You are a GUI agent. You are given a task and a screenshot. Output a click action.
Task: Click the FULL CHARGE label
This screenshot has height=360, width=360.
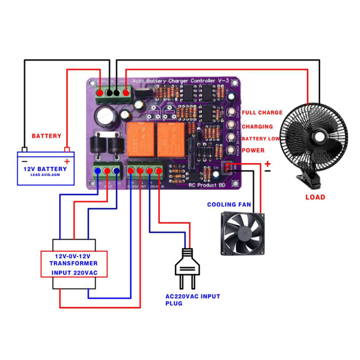point(262,113)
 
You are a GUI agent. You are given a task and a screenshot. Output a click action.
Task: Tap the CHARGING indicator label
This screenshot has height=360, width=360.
point(257,126)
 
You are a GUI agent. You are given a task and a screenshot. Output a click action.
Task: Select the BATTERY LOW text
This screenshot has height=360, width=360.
point(260,138)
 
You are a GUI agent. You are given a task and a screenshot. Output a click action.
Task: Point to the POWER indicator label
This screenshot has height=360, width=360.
point(253,150)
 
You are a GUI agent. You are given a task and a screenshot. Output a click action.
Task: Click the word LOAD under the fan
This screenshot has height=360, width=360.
point(315,197)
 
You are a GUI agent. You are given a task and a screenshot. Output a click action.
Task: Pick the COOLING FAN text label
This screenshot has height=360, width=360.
point(228,204)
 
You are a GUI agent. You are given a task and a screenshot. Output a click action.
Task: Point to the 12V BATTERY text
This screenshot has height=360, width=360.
point(45,169)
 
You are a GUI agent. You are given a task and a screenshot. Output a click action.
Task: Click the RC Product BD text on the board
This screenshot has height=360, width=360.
point(207,185)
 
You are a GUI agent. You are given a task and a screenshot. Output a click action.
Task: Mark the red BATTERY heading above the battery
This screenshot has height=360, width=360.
point(46,136)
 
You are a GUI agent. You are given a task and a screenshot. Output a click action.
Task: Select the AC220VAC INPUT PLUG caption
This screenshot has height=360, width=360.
point(192,299)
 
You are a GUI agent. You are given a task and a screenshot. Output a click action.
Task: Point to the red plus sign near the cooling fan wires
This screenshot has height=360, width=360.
point(268,163)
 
